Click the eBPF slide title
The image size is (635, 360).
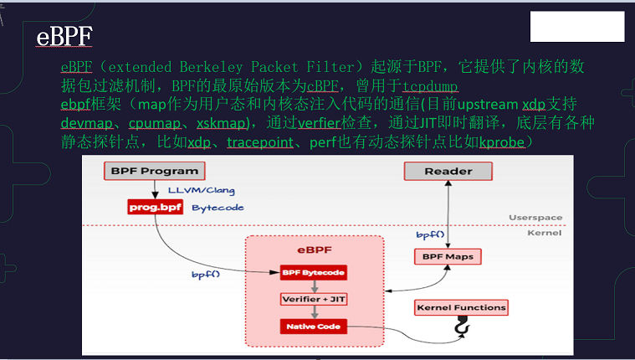(64, 38)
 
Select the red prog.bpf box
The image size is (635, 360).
(155, 206)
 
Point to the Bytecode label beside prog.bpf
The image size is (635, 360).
(214, 207)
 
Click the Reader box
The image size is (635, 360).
(448, 171)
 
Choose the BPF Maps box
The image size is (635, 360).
(448, 256)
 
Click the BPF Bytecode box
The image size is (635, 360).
(313, 272)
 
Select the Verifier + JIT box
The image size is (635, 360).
(313, 299)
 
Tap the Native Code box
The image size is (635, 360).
(313, 326)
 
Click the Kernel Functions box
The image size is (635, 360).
(461, 307)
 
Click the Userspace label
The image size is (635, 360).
(535, 218)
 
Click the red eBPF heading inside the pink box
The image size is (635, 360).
(314, 249)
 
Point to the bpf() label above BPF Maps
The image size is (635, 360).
(431, 234)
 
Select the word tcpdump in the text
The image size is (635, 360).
(431, 85)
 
